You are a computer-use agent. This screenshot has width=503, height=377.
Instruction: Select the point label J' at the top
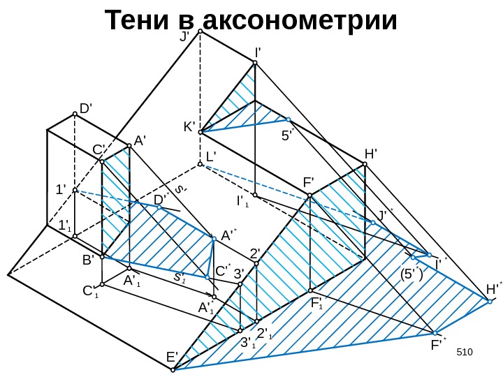(x=185, y=36)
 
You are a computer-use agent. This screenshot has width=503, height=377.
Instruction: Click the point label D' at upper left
(x=86, y=109)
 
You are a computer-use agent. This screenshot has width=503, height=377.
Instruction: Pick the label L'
(x=211, y=157)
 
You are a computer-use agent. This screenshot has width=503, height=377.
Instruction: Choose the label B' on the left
(x=88, y=260)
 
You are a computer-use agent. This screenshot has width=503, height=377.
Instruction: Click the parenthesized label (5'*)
(x=410, y=273)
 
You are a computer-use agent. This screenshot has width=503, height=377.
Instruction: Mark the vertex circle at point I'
(x=255, y=64)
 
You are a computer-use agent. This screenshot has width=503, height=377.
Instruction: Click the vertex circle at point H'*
(x=490, y=301)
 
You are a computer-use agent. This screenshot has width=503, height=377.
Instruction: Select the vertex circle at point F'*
(x=435, y=333)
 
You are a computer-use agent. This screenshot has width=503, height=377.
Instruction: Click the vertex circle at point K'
(x=200, y=131)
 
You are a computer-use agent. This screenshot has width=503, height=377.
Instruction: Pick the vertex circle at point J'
(x=200, y=31)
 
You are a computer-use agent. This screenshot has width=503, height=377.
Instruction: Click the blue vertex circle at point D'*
(x=159, y=207)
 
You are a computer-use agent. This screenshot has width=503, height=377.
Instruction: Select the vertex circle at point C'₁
(x=102, y=284)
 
